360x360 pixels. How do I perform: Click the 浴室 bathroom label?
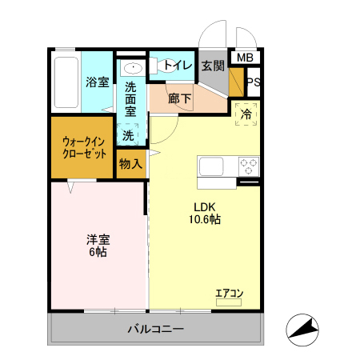click(97, 81)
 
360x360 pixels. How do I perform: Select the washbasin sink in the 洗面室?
click(133, 67)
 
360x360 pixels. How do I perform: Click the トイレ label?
click(177, 66)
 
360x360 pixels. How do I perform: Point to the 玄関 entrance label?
click(213, 66)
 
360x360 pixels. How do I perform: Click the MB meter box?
click(246, 58)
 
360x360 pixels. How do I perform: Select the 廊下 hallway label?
click(180, 99)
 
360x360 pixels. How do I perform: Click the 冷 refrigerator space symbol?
click(247, 114)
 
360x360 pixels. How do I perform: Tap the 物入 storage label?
click(130, 164)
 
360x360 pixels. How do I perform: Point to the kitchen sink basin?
click(212, 166)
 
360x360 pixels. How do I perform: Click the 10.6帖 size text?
click(205, 218)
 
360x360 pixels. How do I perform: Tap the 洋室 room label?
click(98, 238)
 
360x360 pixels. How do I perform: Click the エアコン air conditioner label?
click(229, 293)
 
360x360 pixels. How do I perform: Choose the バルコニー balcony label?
click(156, 329)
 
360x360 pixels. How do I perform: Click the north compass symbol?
click(304, 329)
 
